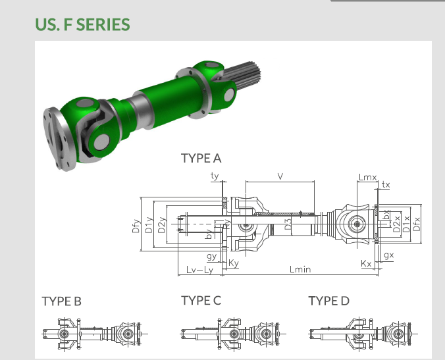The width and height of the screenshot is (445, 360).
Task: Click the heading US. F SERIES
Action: (x=82, y=25)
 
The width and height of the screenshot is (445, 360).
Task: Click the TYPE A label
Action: (x=201, y=158)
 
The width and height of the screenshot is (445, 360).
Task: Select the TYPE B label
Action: (x=61, y=301)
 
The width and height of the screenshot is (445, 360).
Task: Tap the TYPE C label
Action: (x=201, y=301)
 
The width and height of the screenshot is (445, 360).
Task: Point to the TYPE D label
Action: (x=328, y=301)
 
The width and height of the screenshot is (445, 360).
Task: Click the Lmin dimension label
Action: (x=300, y=270)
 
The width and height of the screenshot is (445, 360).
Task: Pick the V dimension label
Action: (x=280, y=176)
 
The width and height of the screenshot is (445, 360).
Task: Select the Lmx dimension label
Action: (x=367, y=176)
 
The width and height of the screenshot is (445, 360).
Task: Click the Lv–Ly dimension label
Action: (x=199, y=270)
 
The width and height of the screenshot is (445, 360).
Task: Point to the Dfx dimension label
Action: (x=416, y=223)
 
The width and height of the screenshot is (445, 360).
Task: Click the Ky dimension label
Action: (x=234, y=263)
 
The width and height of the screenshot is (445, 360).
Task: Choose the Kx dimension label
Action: (x=367, y=263)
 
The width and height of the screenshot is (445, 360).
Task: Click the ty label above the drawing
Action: (x=215, y=176)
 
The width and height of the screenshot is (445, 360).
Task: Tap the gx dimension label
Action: (x=388, y=255)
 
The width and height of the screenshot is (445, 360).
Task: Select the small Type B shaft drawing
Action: (x=92, y=334)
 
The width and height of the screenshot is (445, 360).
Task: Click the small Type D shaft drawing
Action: (x=357, y=334)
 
